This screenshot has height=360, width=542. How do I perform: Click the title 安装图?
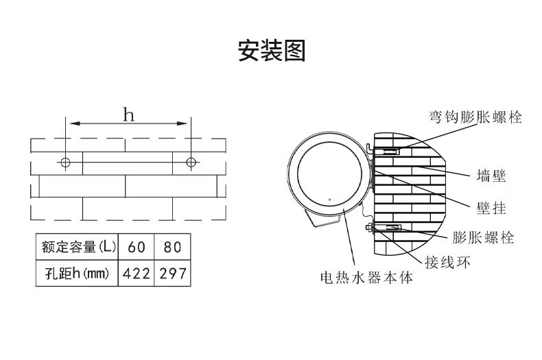[271, 51]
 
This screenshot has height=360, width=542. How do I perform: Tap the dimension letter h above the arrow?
[128, 114]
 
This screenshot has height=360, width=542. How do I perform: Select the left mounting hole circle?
[65, 163]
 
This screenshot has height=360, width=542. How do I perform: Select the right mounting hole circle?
[191, 163]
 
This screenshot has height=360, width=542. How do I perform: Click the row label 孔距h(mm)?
[77, 274]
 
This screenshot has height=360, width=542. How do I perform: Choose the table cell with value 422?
[137, 274]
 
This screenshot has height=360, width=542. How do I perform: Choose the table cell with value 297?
[172, 274]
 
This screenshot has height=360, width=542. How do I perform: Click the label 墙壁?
[491, 176]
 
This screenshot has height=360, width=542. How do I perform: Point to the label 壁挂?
[491, 207]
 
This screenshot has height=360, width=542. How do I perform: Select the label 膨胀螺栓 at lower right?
[483, 238]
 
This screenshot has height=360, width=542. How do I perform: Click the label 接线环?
[447, 263]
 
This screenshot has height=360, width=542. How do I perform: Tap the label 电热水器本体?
[367, 279]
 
